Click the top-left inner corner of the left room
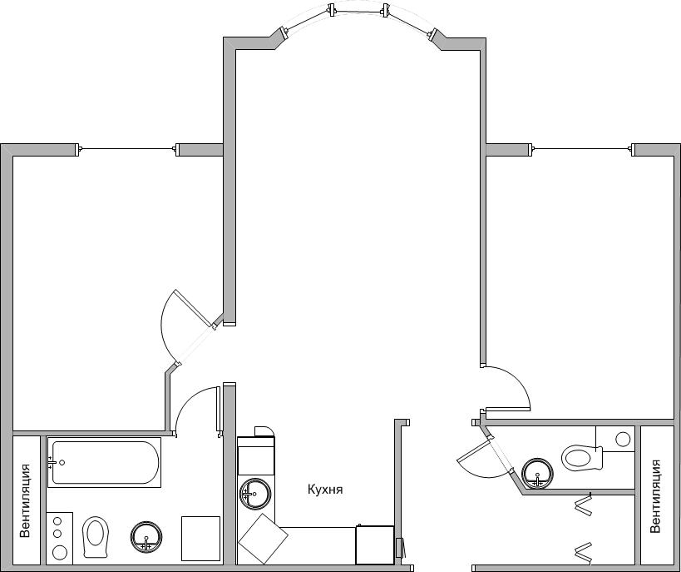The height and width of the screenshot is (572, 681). (x=13, y=156)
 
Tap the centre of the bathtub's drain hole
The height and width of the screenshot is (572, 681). (x=62, y=463)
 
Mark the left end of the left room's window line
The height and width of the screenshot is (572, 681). (x=81, y=149)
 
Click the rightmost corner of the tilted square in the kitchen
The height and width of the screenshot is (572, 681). (x=288, y=539)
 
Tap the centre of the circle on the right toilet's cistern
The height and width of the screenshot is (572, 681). (x=624, y=439)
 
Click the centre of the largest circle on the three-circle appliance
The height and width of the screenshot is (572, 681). (x=60, y=553)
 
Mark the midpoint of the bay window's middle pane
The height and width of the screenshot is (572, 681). (x=358, y=12)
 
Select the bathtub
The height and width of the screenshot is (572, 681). (x=104, y=462)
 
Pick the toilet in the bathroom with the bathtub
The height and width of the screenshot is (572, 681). (x=96, y=537)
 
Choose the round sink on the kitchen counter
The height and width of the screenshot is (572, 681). (x=255, y=494)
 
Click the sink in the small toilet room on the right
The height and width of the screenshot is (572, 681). (x=538, y=473)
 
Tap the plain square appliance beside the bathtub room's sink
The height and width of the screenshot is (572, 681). (x=200, y=539)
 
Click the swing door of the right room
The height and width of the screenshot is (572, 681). (x=508, y=410)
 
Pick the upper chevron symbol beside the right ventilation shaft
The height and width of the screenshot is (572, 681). (x=584, y=505)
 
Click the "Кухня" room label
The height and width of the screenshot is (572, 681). (x=325, y=490)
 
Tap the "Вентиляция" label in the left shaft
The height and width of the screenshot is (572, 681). (x=25, y=500)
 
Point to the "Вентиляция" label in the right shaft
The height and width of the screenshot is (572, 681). (x=655, y=496)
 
